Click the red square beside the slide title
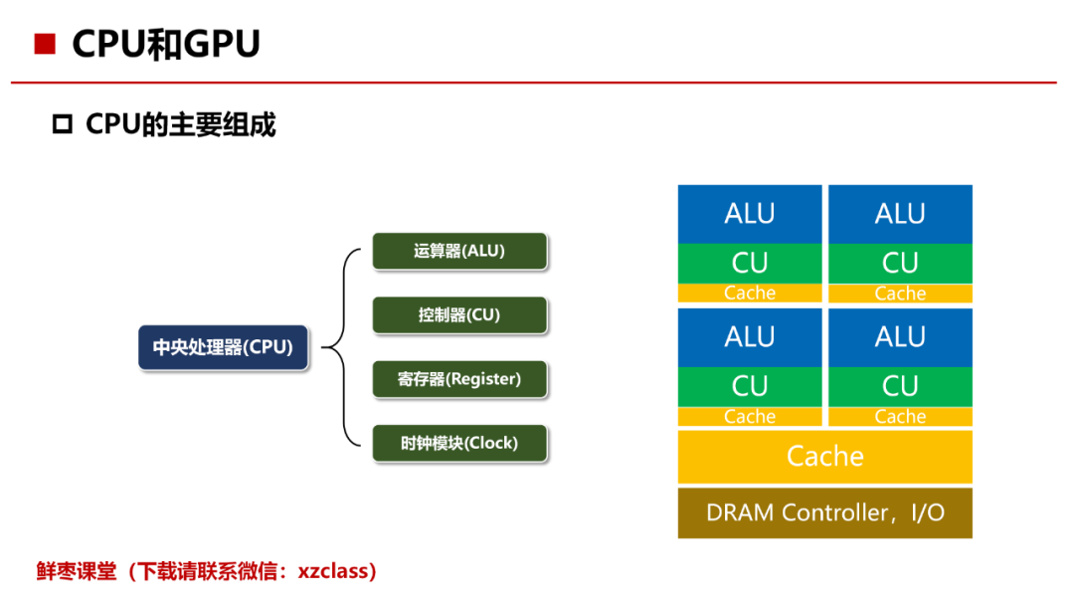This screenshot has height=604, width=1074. point(45,44)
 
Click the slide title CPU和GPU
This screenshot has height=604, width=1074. point(166,44)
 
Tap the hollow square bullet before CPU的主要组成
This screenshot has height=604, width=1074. point(63,124)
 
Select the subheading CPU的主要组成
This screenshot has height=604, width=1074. point(180,124)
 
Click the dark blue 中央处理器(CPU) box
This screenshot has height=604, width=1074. point(224,347)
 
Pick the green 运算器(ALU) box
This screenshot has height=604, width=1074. point(459,251)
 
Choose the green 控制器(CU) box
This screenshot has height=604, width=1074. point(459,315)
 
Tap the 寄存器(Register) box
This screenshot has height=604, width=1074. point(459,379)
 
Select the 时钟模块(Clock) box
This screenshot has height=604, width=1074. point(459,444)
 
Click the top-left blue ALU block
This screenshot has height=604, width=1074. point(750,214)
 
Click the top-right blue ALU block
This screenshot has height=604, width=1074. point(900,214)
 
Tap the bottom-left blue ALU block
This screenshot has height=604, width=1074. point(750,337)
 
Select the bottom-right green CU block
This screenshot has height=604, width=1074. point(900,387)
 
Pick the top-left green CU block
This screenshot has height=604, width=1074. point(750,264)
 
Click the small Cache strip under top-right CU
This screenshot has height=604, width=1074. point(900,294)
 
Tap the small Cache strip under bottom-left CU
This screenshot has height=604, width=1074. point(750,417)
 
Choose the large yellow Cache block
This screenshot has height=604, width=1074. point(825,457)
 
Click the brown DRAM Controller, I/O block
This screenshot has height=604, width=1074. point(825,512)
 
